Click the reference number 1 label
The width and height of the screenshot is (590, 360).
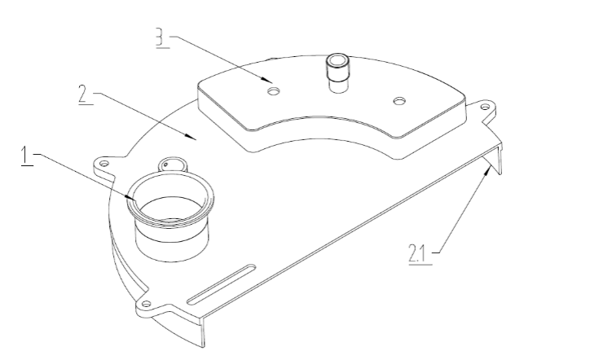coord(25,156)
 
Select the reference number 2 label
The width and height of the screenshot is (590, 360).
coord(84,94)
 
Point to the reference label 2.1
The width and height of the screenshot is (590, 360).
coord(417,253)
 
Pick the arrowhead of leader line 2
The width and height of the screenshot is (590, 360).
coord(191,136)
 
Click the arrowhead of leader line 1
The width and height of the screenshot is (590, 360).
coord(131,197)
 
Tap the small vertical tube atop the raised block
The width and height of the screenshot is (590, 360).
coord(338,72)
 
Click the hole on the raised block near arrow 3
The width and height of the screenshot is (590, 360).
coord(274,91)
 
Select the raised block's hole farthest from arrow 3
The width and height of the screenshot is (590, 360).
coord(399,101)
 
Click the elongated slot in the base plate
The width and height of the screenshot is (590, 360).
coord(222,284)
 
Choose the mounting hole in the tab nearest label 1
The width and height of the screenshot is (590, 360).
coord(104,163)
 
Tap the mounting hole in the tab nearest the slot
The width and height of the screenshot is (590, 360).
coord(146,304)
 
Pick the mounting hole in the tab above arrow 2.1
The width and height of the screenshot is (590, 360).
coord(486,108)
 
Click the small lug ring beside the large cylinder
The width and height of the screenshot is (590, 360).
coord(172,165)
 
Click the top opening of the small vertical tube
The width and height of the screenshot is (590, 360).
coord(338,59)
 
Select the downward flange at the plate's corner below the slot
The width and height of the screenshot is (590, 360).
coord(202,331)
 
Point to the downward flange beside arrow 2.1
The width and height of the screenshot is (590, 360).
coord(500,159)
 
